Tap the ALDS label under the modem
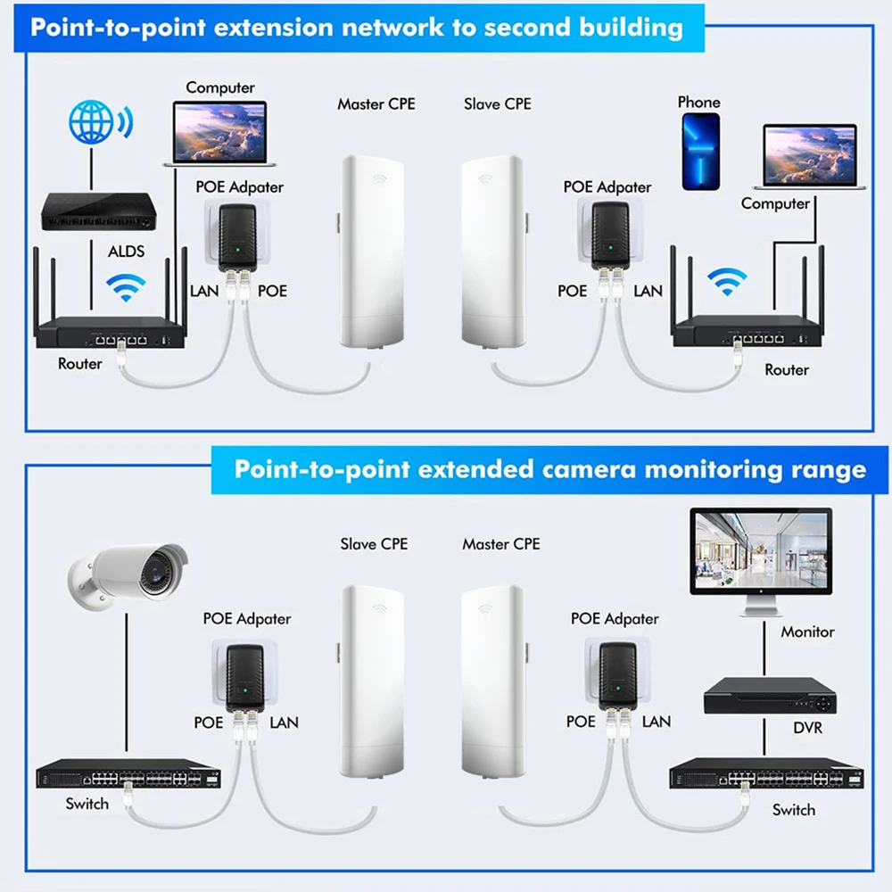(x=126, y=251)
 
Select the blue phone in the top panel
(x=700, y=152)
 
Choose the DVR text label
(x=807, y=728)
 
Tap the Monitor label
(x=807, y=632)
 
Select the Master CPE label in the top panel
(x=376, y=104)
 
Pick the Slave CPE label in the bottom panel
(x=373, y=543)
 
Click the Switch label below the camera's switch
(x=87, y=804)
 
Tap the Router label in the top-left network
(x=79, y=363)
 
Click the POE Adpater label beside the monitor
(x=615, y=618)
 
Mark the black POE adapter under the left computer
(x=238, y=235)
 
